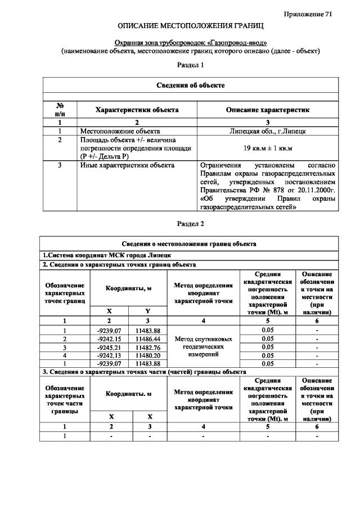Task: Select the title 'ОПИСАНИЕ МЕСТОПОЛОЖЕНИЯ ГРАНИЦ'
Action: click(x=191, y=27)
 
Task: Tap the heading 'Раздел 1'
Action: click(x=191, y=65)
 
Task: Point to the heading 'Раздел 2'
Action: click(x=191, y=223)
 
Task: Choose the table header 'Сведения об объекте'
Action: click(x=191, y=85)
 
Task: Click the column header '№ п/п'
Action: click(x=60, y=109)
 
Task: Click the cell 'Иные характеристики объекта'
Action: click(x=127, y=165)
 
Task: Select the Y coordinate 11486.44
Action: click(x=148, y=339)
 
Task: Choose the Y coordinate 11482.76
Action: click(x=148, y=347)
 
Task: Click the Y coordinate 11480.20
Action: click(x=148, y=355)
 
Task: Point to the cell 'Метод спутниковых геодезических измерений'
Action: click(x=203, y=347)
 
